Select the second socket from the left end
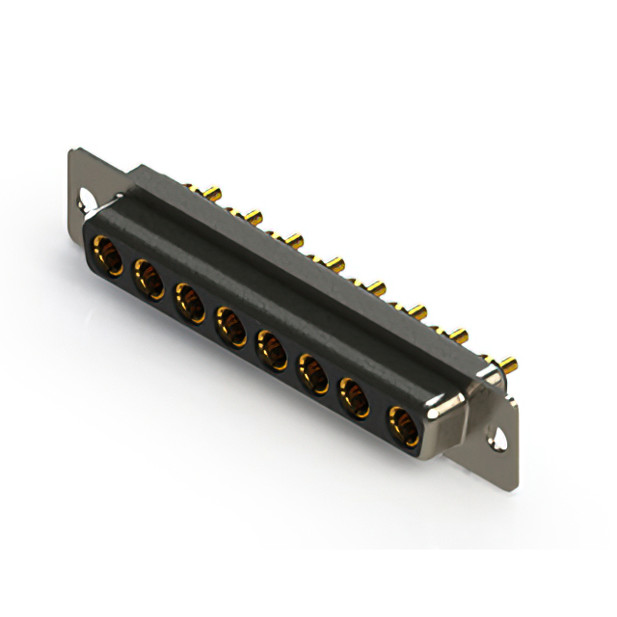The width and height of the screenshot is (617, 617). [x=148, y=280]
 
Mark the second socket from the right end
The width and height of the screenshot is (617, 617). [x=355, y=396]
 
